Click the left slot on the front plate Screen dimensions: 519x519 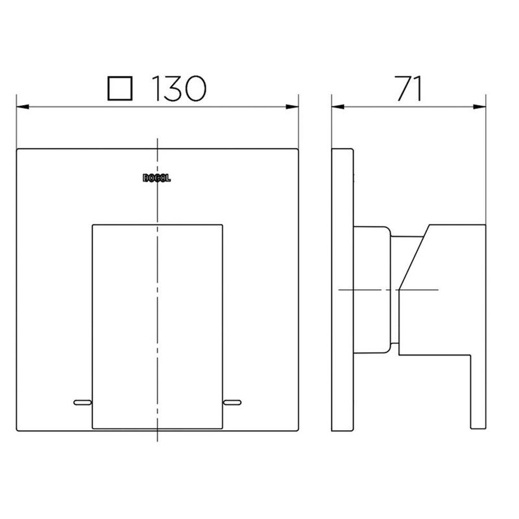click(x=82, y=404)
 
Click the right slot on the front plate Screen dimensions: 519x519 click(x=232, y=404)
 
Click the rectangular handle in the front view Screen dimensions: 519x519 click(x=157, y=324)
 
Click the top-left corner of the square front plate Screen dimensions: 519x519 click(x=18, y=150)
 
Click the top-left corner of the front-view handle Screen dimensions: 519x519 click(x=92, y=226)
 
